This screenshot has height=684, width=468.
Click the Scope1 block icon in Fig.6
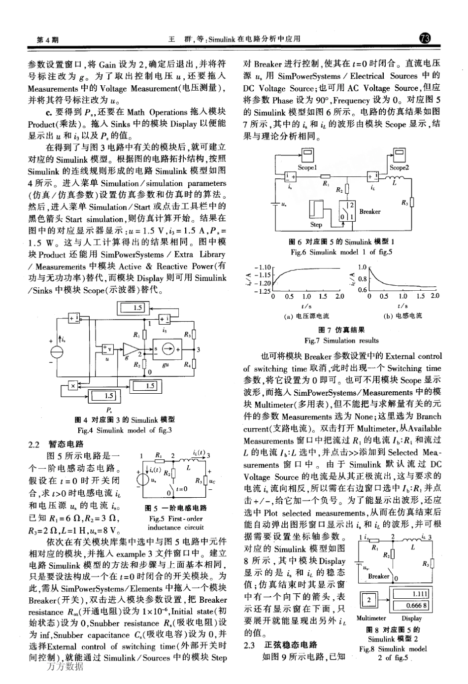pos(307,156)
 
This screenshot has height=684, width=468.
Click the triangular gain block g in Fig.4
pos(130,349)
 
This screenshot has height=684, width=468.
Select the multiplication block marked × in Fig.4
pos(73,385)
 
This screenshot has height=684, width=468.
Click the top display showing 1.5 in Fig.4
pos(137,308)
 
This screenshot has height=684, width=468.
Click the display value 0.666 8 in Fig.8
pos(417,605)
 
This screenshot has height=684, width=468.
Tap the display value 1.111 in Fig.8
pos(419,594)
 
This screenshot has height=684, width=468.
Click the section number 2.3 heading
pos(251,645)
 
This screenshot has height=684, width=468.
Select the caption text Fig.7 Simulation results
pos(341,341)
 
